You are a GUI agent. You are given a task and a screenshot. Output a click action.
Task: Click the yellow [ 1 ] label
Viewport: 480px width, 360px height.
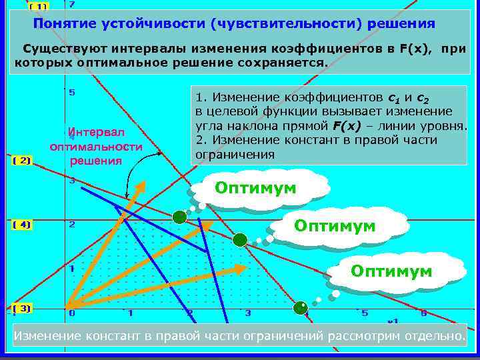(x=39, y=6)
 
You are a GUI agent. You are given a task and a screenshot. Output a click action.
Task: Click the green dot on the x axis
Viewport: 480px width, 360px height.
(x=301, y=308)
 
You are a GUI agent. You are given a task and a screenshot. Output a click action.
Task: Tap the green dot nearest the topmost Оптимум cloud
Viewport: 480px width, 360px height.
(x=179, y=217)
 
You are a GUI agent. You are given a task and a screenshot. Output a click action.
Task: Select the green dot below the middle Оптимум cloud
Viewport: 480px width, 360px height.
(x=239, y=239)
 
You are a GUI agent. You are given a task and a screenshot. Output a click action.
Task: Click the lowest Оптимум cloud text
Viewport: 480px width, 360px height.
(x=391, y=271)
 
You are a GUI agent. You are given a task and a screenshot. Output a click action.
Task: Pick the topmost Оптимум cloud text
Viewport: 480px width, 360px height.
(x=255, y=188)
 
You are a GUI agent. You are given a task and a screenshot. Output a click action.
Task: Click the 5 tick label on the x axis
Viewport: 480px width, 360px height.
(x=364, y=313)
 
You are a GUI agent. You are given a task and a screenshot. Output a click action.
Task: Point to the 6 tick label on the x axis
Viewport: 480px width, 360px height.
(x=423, y=313)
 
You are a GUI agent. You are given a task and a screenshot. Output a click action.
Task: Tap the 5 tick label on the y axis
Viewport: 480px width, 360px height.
(x=72, y=92)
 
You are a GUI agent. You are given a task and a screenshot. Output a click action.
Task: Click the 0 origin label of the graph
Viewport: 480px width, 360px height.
(x=72, y=313)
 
